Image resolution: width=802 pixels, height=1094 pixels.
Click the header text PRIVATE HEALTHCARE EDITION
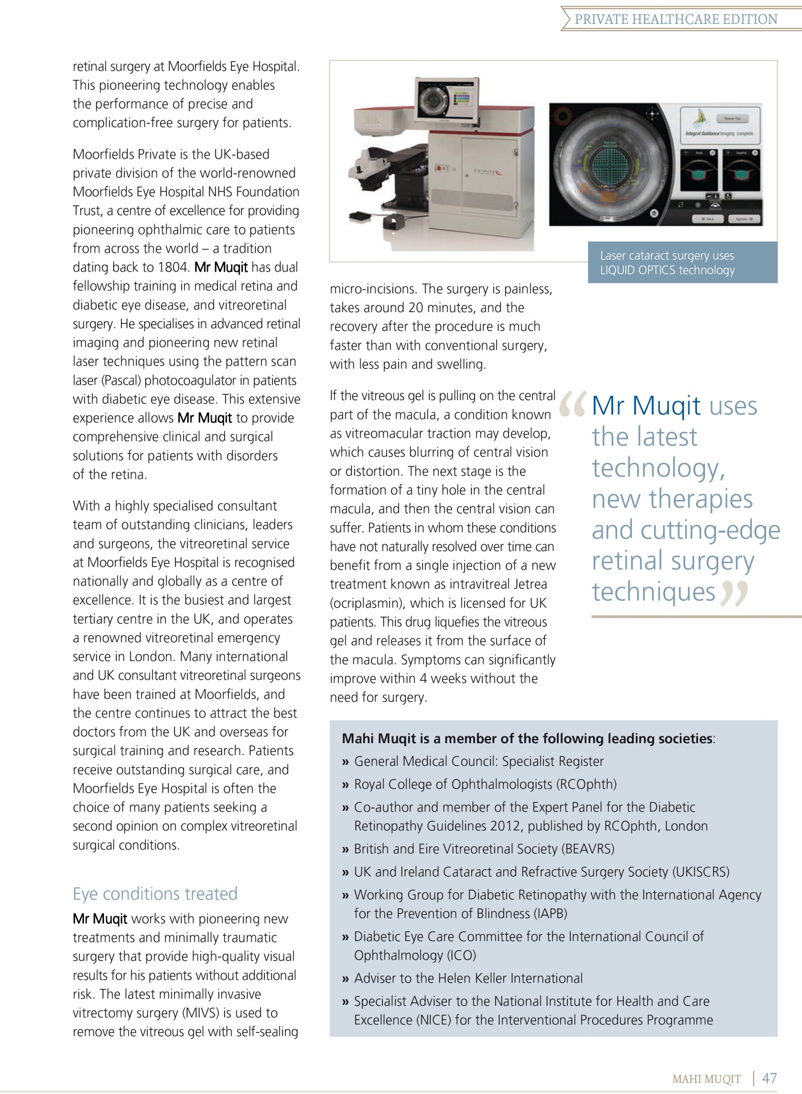tap(676, 19)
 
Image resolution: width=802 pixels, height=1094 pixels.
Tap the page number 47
tap(770, 1078)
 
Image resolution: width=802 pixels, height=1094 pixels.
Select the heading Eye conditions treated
tap(155, 894)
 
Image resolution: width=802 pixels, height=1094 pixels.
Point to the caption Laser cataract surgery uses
tap(667, 256)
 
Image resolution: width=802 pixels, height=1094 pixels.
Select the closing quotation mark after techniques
tap(734, 594)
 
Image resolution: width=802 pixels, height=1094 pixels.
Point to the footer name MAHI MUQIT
tap(706, 1079)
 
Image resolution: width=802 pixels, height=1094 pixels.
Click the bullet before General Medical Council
tap(345, 762)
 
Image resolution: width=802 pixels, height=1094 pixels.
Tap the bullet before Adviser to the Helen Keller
tap(345, 979)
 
